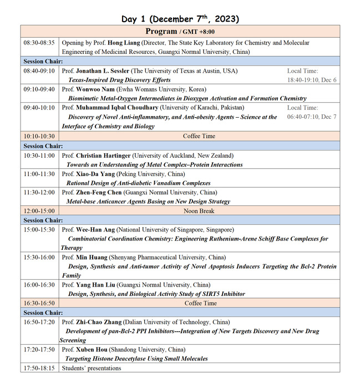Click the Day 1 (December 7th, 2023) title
[x=180, y=19]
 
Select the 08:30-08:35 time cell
[x=39, y=43]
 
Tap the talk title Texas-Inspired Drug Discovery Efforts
[x=119, y=80]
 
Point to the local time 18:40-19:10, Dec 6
[x=312, y=80]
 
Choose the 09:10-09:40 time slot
[x=39, y=89]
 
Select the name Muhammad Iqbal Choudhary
[x=125, y=108]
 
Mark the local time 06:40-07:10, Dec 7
[x=312, y=117]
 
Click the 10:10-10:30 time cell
[x=39, y=136]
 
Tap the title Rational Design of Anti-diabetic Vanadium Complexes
[x=138, y=183]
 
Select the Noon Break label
[x=200, y=211]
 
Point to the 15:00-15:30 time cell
[x=39, y=230]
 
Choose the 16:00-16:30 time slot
[x=39, y=285]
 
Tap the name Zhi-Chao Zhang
[x=100, y=322]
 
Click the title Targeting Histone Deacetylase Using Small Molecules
[x=137, y=359]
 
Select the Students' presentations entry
[x=91, y=368]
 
